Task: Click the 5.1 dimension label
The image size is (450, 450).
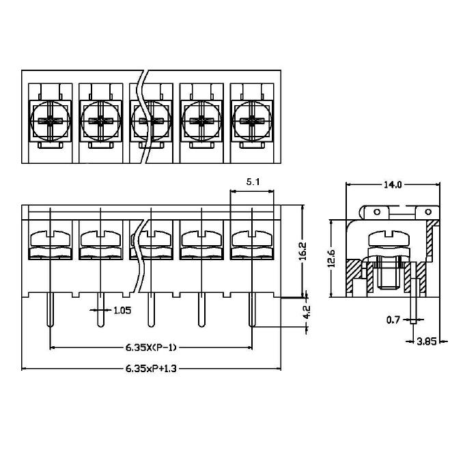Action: (x=253, y=182)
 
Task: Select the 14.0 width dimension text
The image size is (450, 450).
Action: (x=393, y=185)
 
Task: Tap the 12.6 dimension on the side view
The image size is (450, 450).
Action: (x=332, y=258)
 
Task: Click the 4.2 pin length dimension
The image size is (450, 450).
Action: (x=307, y=312)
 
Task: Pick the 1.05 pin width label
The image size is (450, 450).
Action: (x=122, y=310)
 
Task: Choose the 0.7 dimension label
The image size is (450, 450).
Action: (x=393, y=320)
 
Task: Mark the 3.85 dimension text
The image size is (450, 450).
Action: (x=427, y=341)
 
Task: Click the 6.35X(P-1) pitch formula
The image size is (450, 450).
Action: (x=151, y=348)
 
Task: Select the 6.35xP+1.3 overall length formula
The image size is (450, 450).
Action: (x=151, y=369)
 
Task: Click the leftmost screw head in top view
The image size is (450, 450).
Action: (x=51, y=121)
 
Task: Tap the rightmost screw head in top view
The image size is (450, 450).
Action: (x=252, y=121)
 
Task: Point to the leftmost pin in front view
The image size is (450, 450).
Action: (x=51, y=310)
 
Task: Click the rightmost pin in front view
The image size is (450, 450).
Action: (x=252, y=310)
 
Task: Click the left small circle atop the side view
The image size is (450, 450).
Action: (x=377, y=212)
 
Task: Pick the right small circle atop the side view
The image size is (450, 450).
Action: (x=428, y=212)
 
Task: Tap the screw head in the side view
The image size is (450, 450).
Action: (x=389, y=238)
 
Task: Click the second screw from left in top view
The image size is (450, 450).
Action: (x=101, y=121)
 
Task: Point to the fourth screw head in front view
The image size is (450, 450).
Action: (x=201, y=238)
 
